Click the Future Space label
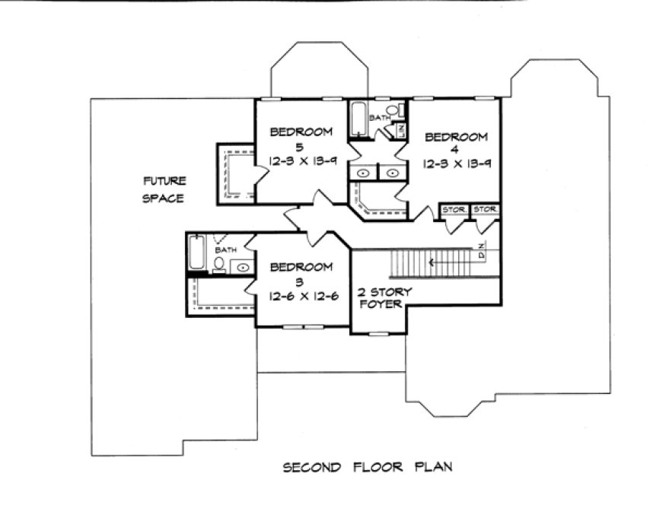[164, 189]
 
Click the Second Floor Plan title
[368, 466]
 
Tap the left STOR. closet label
[454, 209]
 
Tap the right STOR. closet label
[484, 209]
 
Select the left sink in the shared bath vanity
[363, 173]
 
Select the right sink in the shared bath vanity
[392, 173]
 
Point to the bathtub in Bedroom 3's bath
[195, 254]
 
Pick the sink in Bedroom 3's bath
[242, 267]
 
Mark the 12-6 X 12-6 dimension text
[302, 297]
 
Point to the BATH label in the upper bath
[378, 119]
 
